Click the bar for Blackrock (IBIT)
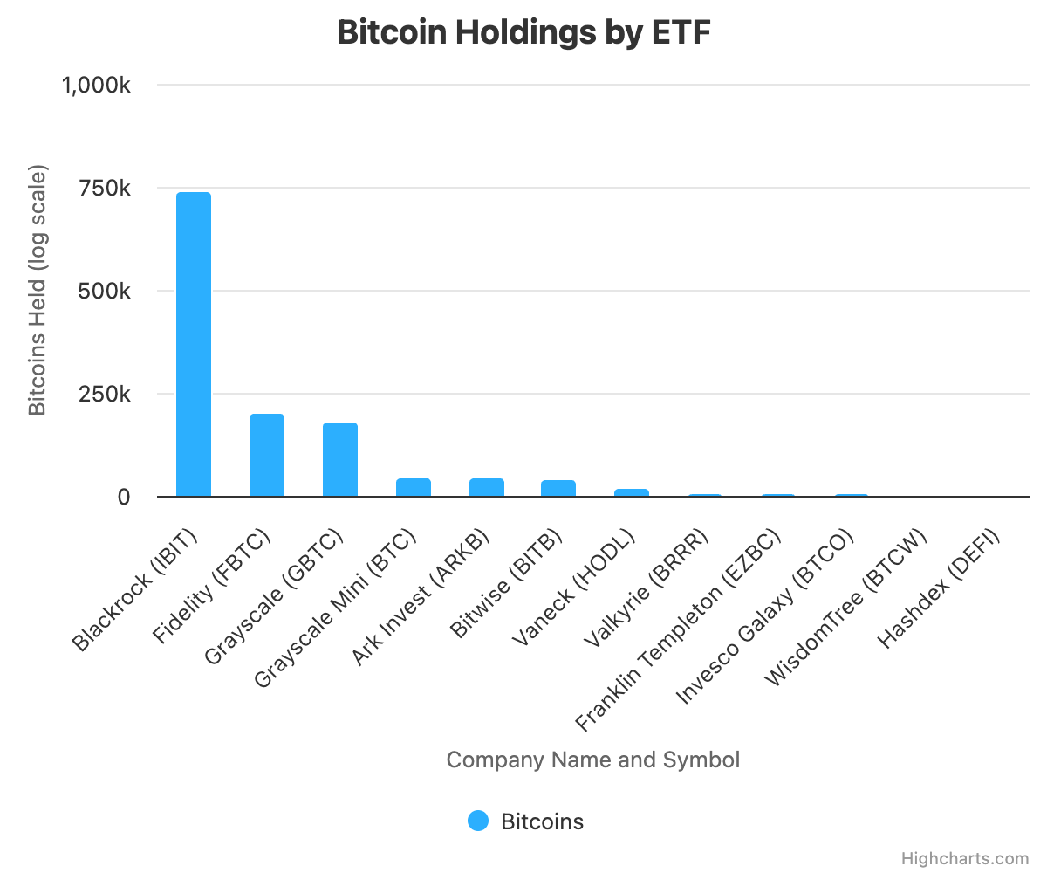pyautogui.click(x=194, y=344)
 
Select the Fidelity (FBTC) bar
pyautogui.click(x=267, y=455)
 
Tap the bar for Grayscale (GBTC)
pyautogui.click(x=340, y=459)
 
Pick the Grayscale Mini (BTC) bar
pyautogui.click(x=414, y=487)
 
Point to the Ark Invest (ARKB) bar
pyautogui.click(x=487, y=487)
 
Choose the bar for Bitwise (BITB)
pyautogui.click(x=558, y=488)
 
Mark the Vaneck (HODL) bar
pyautogui.click(x=632, y=492)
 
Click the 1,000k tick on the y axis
pyautogui.click(x=96, y=86)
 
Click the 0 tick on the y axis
pyautogui.click(x=123, y=497)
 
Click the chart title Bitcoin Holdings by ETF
pyautogui.click(x=523, y=33)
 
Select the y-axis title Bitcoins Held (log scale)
pyautogui.click(x=37, y=291)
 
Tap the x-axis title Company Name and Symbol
pyautogui.click(x=593, y=760)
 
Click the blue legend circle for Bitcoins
pyautogui.click(x=478, y=821)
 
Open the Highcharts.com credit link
pyautogui.click(x=964, y=859)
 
